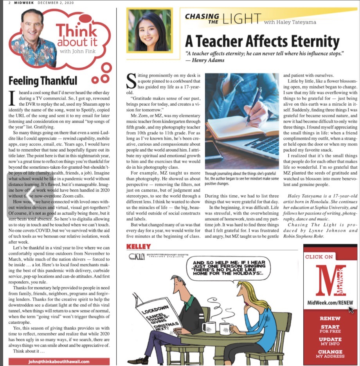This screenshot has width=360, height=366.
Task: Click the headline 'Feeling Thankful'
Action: pyautogui.click(x=43, y=81)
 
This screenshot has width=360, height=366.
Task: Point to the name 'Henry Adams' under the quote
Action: pyautogui.click(x=211, y=60)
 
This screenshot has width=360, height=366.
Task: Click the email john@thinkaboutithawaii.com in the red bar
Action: pyautogui.click(x=59, y=361)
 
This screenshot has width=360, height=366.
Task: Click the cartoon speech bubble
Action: pyautogui.click(x=228, y=270)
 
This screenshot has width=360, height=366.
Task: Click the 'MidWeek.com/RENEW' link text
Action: pyautogui.click(x=330, y=303)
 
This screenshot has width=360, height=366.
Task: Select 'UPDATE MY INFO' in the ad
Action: pyautogui.click(x=330, y=341)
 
